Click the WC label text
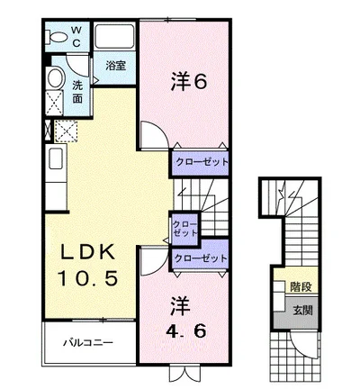click(x=76, y=37)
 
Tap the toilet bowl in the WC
click(x=56, y=38)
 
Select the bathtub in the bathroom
click(x=114, y=36)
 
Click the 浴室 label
click(x=115, y=66)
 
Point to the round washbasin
click(x=56, y=78)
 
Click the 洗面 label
click(x=77, y=92)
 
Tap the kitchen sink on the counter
click(x=56, y=158)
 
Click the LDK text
click(x=88, y=252)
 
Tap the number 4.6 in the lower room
click(x=186, y=331)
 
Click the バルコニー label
click(x=88, y=342)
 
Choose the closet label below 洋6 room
click(x=202, y=162)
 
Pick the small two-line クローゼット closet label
click(x=184, y=229)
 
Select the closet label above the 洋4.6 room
click(x=201, y=258)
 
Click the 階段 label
click(x=301, y=287)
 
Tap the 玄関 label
click(x=302, y=311)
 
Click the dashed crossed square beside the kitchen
click(x=66, y=131)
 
